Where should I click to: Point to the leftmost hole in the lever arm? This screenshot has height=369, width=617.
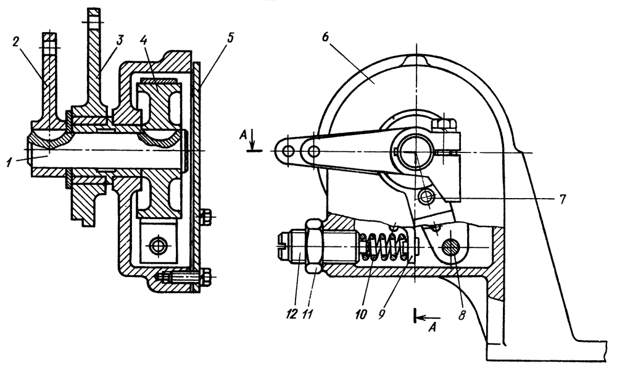click(x=287, y=151)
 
